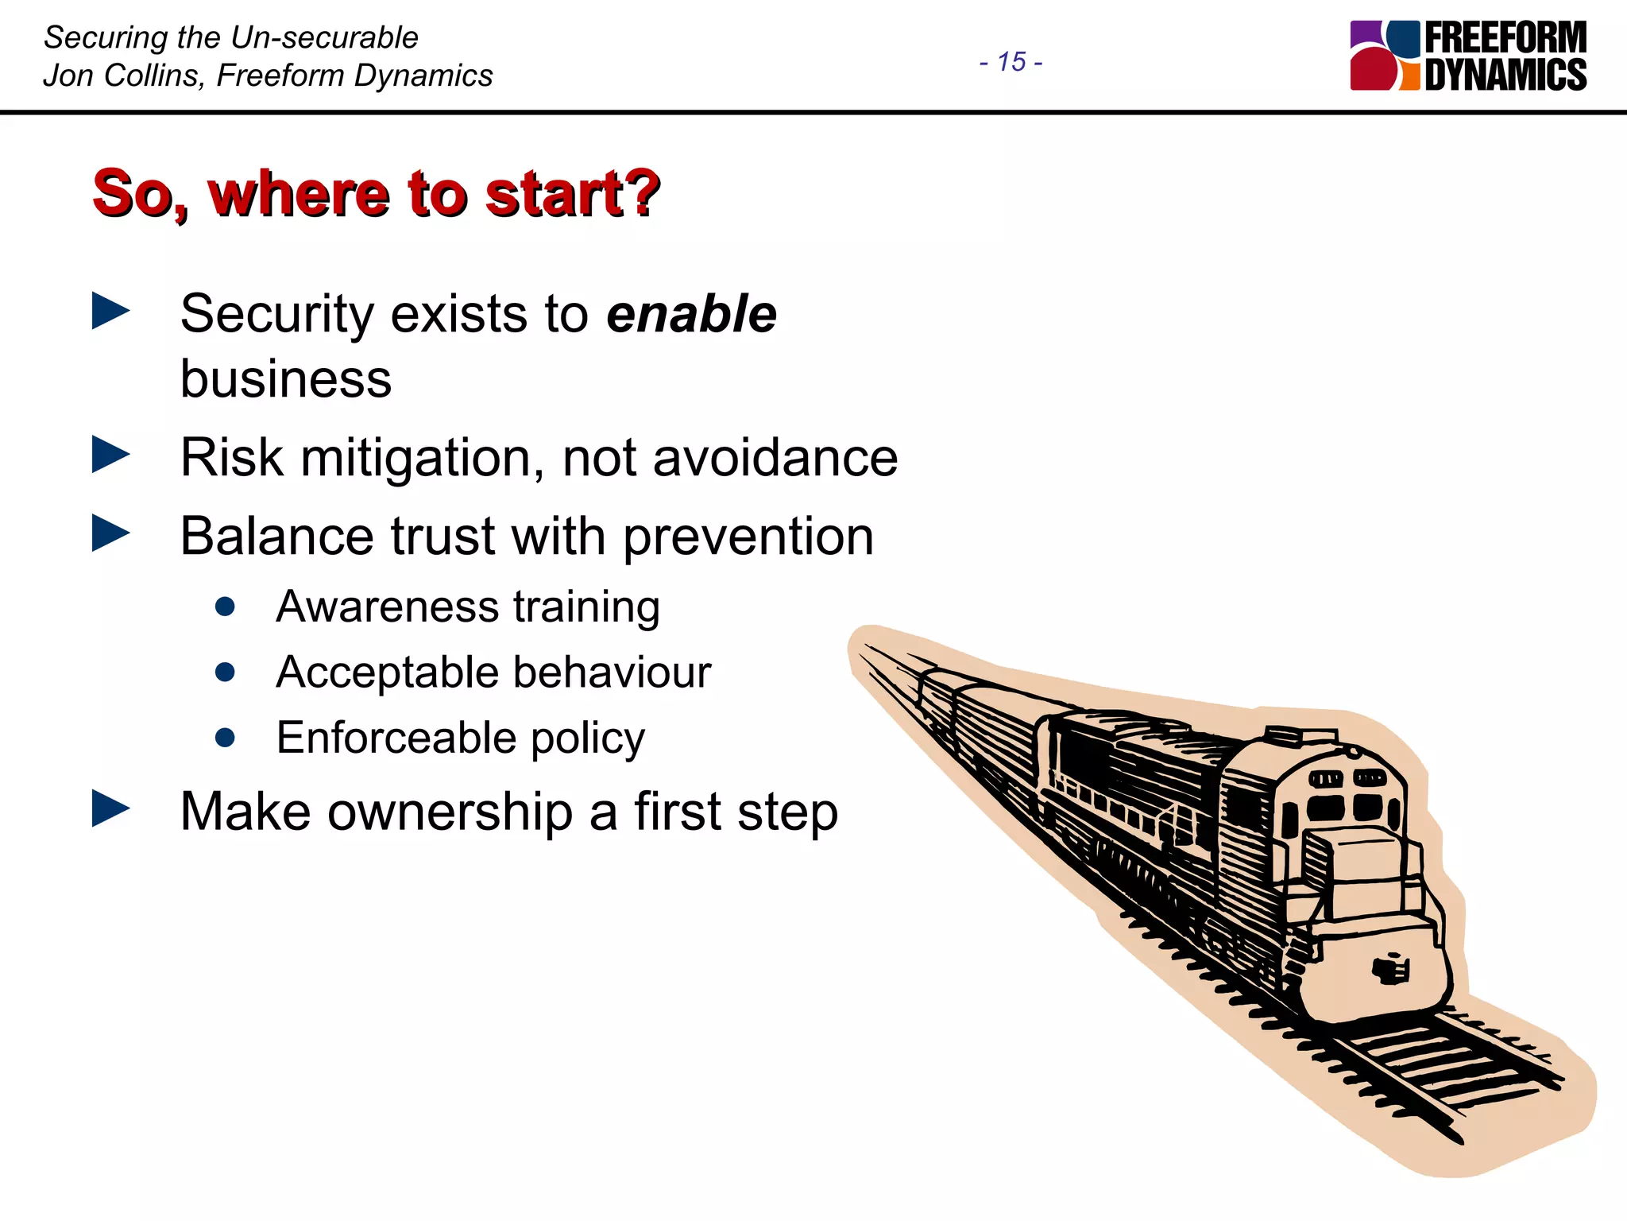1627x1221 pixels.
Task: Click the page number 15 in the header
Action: [x=1011, y=62]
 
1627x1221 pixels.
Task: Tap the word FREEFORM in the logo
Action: [x=1505, y=38]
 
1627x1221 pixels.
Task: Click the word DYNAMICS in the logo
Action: [x=1505, y=75]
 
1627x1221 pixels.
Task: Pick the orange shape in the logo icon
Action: [x=1409, y=78]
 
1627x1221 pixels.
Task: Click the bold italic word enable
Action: [x=691, y=314]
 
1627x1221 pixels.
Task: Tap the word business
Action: [x=286, y=378]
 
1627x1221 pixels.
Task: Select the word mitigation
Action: [x=421, y=459]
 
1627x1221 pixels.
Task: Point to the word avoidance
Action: [x=775, y=459]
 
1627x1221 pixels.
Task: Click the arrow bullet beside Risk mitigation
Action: [x=110, y=455]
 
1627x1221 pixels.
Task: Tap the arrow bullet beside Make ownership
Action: [x=110, y=808]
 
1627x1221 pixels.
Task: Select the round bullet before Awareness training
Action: [x=225, y=607]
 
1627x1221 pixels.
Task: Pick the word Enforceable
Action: [x=395, y=738]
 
